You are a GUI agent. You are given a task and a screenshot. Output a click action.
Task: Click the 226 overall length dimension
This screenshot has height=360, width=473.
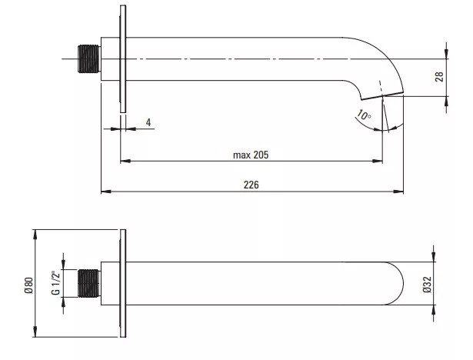251,185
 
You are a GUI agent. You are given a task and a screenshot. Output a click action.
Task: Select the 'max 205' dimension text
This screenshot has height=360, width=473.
251,155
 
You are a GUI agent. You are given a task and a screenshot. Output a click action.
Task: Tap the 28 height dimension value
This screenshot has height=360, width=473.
439,77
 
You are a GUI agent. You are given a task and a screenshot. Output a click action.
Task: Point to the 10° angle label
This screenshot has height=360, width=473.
364,115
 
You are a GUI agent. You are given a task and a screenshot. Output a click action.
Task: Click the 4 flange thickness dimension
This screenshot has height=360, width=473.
148,122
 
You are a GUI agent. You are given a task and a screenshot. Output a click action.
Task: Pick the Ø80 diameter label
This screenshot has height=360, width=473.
29,285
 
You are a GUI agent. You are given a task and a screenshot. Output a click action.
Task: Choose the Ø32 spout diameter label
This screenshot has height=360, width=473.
427,285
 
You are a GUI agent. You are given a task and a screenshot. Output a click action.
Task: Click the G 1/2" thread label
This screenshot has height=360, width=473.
56,283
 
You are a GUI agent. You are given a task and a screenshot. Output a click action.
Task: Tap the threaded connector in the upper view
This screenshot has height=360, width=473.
89,58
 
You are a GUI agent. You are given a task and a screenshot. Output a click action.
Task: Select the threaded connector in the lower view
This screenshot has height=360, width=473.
89,283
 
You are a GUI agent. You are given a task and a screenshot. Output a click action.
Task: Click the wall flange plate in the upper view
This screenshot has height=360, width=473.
123,58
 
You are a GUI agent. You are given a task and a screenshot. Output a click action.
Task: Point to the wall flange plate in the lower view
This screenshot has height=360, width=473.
123,283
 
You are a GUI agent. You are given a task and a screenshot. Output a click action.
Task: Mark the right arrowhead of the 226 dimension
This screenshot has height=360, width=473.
399,192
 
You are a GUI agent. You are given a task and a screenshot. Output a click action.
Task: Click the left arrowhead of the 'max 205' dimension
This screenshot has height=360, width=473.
125,161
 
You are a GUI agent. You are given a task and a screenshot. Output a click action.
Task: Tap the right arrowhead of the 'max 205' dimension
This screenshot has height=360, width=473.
378,161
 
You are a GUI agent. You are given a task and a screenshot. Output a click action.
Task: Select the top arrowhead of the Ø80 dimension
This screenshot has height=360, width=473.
35,235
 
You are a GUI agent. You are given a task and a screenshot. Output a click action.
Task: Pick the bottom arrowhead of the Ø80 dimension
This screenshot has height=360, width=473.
35,332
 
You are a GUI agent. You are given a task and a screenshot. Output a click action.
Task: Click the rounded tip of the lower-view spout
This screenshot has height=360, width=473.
403,283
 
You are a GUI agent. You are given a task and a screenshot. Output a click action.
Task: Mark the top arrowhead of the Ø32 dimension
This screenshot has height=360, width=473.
434,257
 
